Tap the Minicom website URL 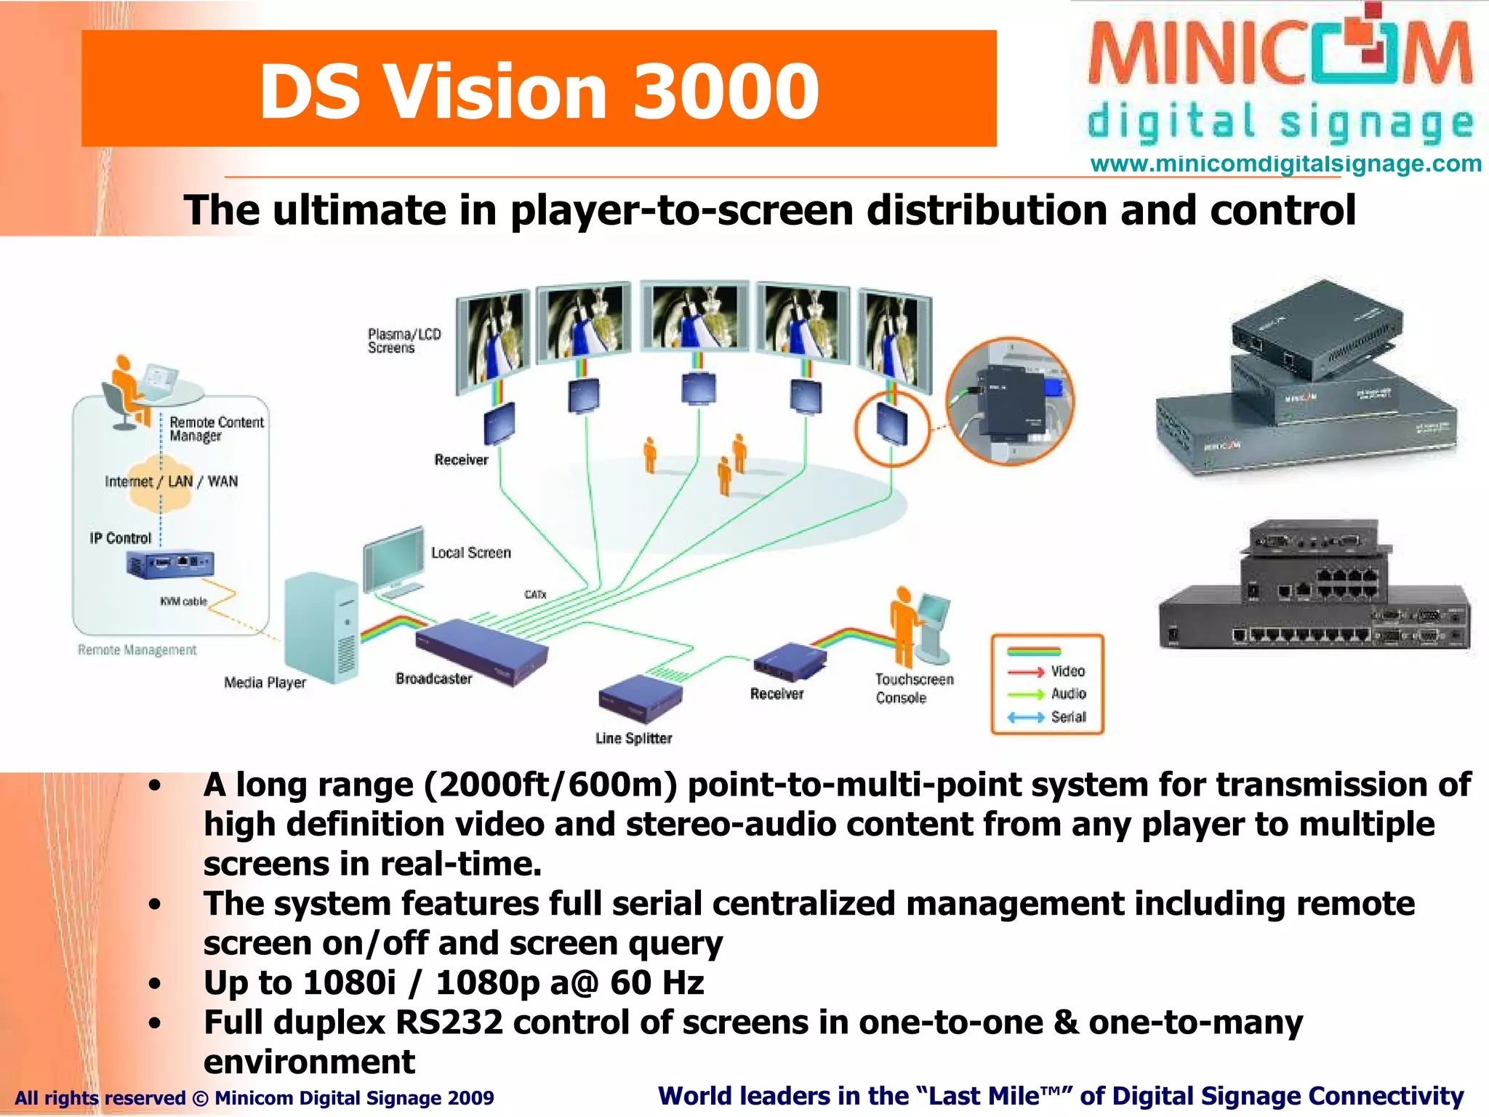tap(1285, 164)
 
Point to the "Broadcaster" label tap(434, 678)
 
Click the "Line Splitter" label tap(633, 738)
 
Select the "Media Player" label tap(265, 682)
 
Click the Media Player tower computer tap(321, 627)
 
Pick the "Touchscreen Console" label tap(914, 688)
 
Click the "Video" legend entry tap(1067, 671)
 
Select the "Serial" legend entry tap(1068, 717)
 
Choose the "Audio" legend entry tap(1068, 694)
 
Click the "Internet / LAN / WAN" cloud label tap(171, 481)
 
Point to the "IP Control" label tap(120, 538)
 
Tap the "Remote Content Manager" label tap(216, 429)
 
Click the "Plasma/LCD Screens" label tap(404, 341)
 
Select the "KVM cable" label tap(183, 601)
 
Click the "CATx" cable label tap(535, 594)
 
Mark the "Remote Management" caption tap(137, 649)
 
